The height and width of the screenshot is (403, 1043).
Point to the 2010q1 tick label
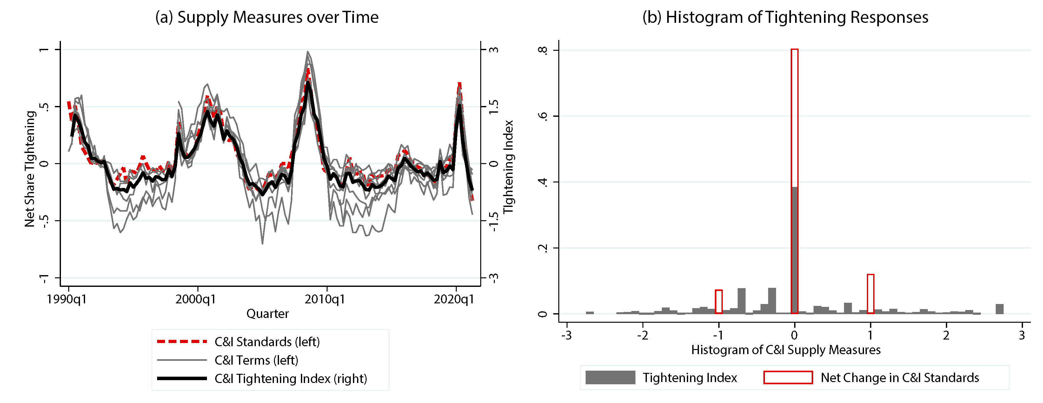point(325,300)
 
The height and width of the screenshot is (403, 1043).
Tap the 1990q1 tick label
point(66,300)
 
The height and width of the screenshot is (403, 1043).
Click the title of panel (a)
point(267,17)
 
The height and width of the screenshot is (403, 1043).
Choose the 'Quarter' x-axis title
point(268,314)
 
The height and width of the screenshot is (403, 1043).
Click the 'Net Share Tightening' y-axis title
point(30,169)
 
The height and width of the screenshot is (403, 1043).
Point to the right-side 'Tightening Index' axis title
point(508,167)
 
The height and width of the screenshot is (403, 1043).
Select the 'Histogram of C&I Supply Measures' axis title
point(786,350)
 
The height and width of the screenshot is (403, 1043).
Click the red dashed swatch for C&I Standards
point(182,342)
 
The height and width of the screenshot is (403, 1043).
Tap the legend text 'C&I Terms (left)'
point(256,360)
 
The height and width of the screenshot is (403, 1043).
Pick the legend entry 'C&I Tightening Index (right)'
point(291,379)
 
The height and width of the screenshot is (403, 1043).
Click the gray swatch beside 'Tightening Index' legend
point(610,378)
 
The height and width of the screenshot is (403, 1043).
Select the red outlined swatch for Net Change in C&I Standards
point(788,378)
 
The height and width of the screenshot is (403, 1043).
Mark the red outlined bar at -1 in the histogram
point(719,301)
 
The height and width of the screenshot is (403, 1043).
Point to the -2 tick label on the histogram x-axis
point(642,335)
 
